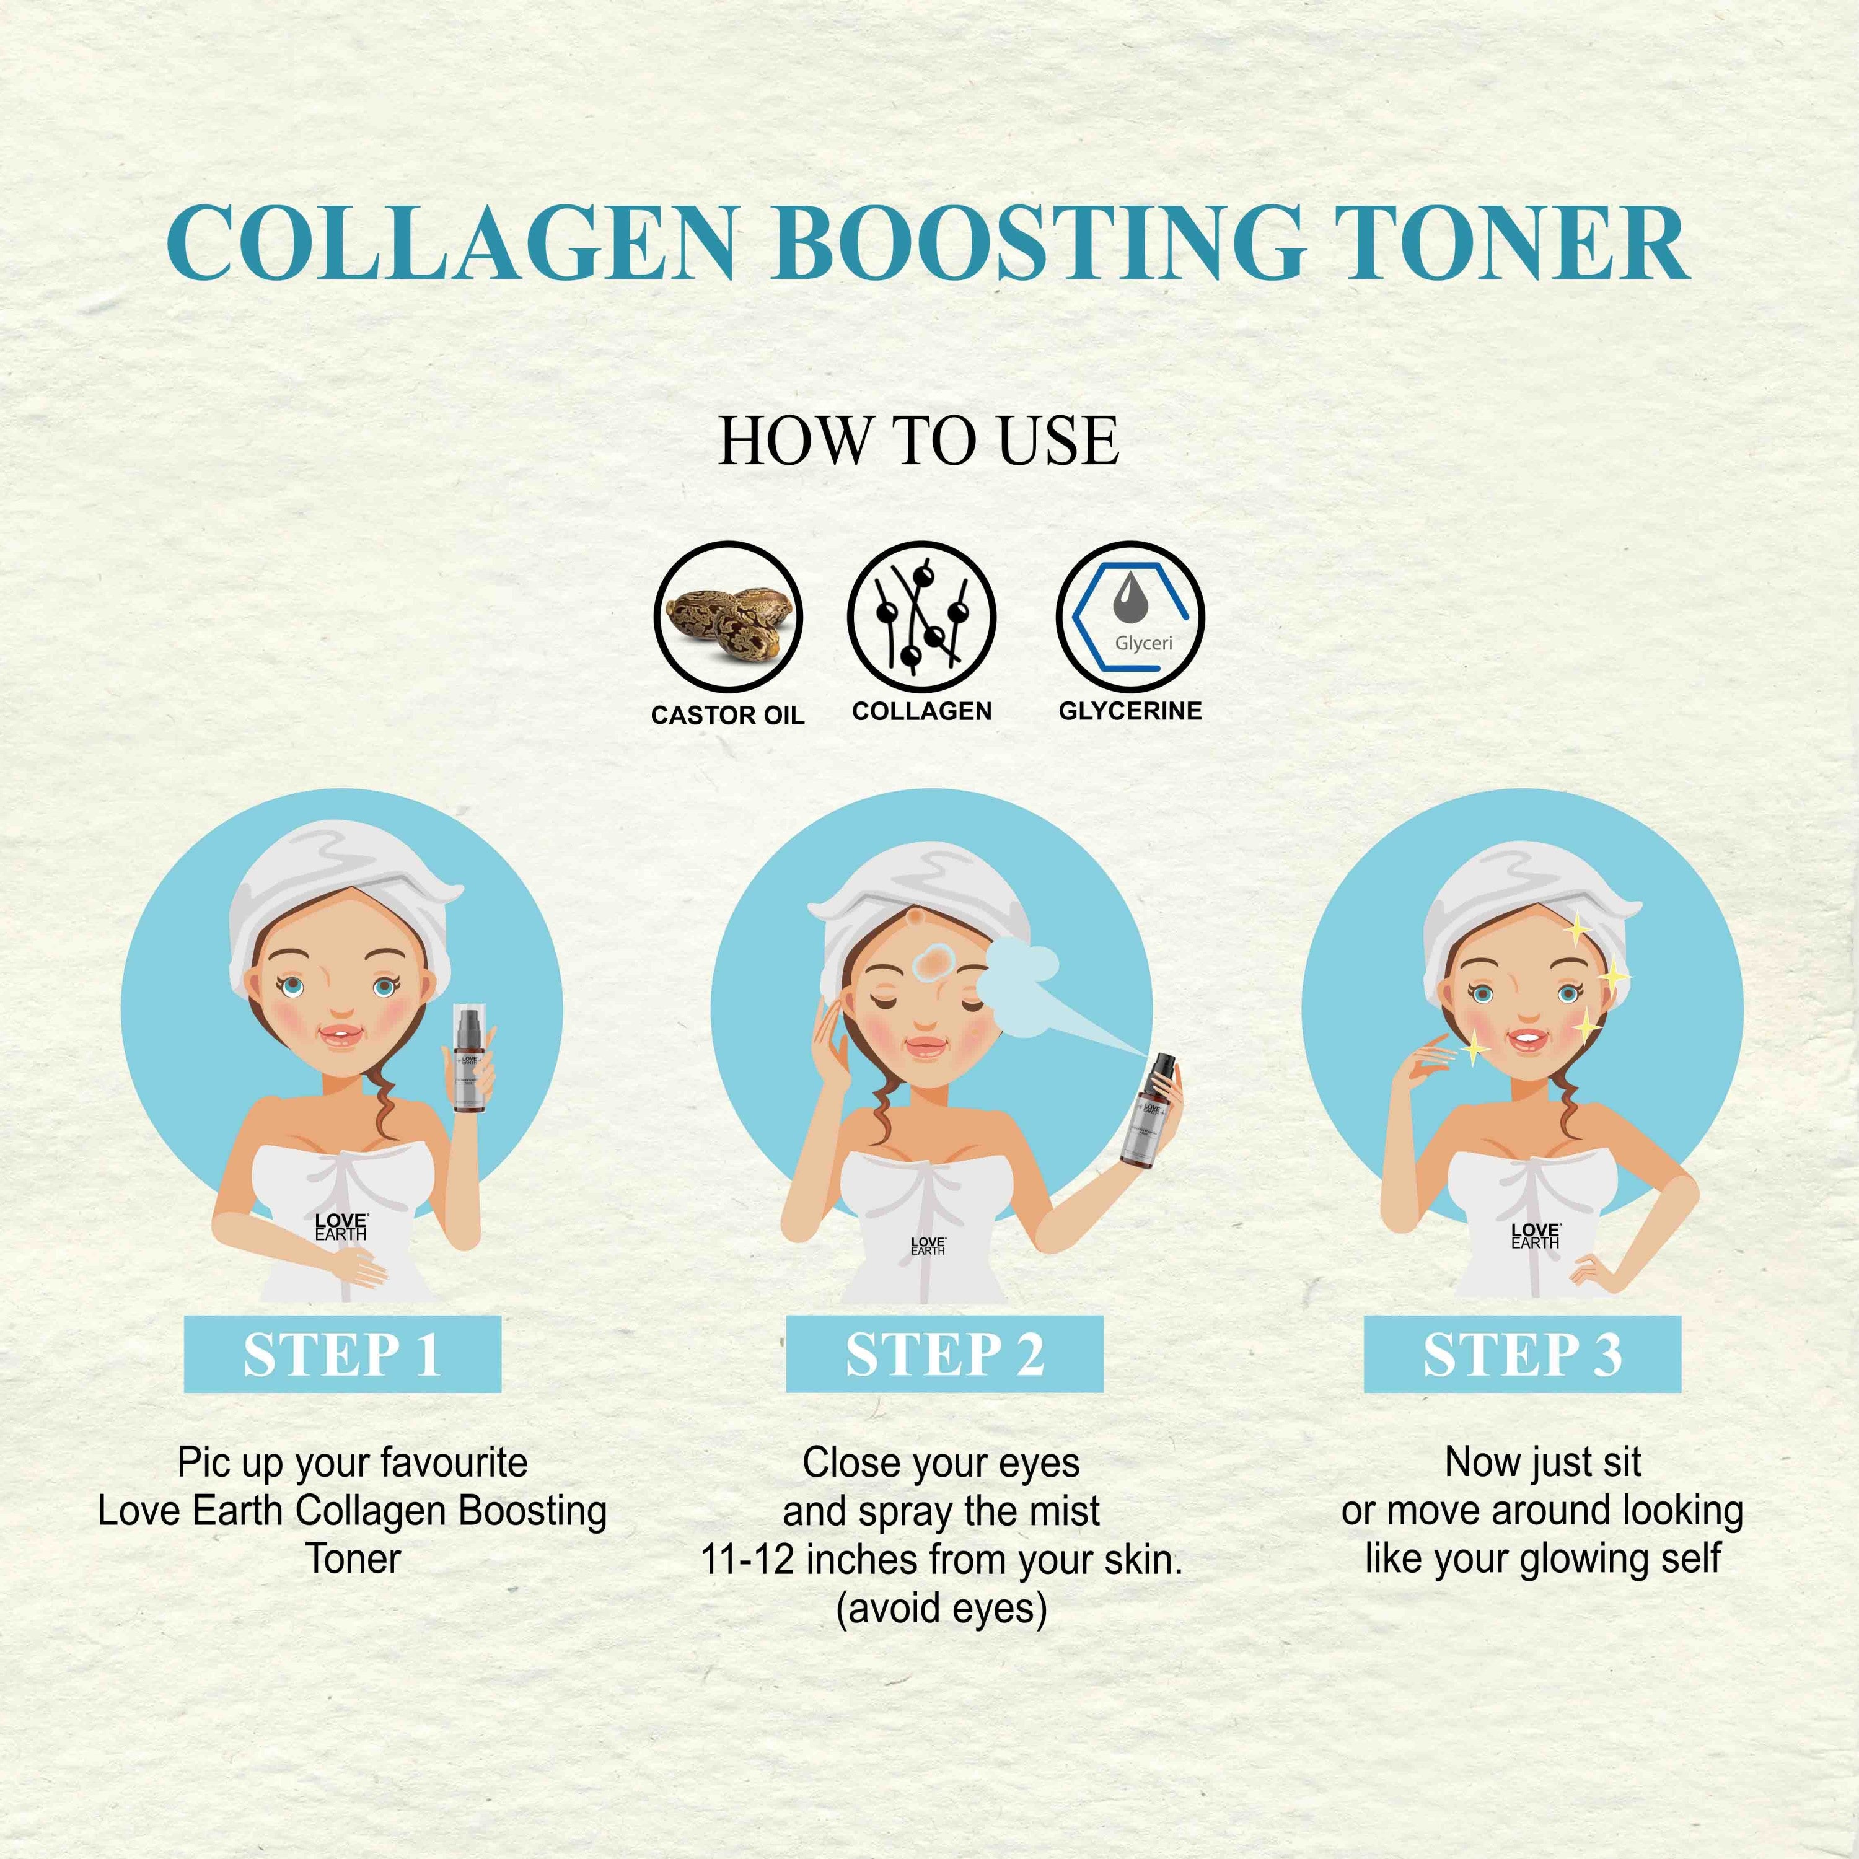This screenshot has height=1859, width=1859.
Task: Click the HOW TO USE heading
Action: pos(919,442)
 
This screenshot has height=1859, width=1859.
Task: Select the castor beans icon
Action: pos(727,617)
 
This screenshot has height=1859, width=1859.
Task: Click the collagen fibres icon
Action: pos(921,617)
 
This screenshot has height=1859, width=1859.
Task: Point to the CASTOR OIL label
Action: pos(727,715)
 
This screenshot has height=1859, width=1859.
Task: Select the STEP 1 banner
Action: pos(343,1355)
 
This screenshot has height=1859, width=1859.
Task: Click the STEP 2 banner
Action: pos(944,1355)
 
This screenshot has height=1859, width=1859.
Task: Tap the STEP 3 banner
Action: pos(1523,1355)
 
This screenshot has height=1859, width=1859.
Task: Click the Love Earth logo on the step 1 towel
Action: pos(341,1227)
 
